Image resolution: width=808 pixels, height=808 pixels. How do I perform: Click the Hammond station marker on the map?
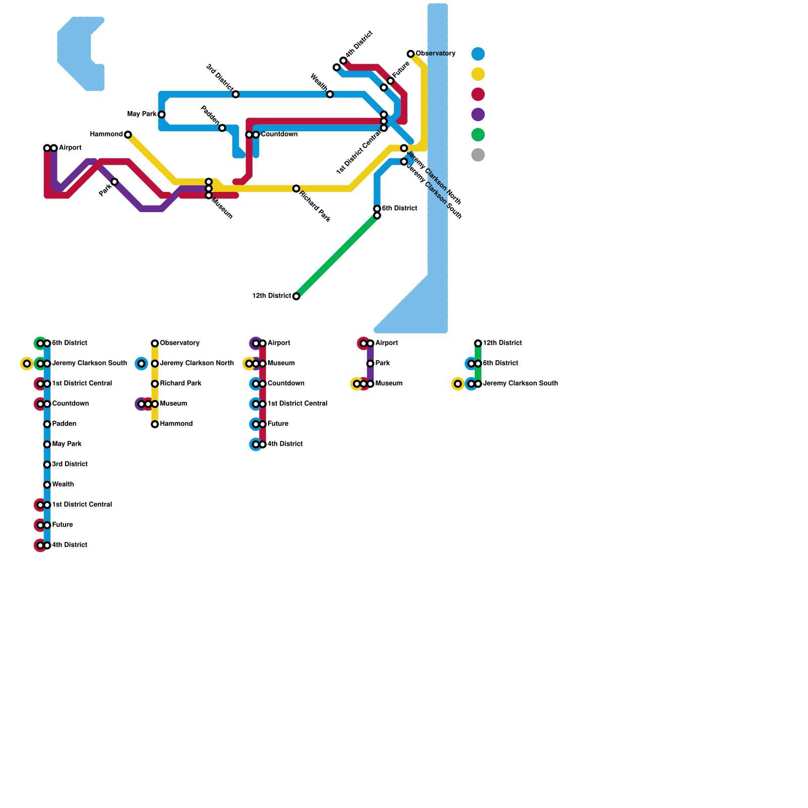(x=128, y=134)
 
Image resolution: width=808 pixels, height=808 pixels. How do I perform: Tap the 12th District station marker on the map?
(x=296, y=296)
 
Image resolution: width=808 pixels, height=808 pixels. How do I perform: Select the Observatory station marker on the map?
(x=411, y=54)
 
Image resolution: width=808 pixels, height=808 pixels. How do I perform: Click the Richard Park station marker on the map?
(x=296, y=188)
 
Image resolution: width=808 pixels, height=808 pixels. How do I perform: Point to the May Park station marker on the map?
(x=162, y=114)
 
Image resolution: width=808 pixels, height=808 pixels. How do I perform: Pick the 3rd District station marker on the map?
(x=236, y=94)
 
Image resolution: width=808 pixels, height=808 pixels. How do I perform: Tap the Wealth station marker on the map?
(x=330, y=94)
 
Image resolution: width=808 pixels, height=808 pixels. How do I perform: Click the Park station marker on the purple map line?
(x=115, y=182)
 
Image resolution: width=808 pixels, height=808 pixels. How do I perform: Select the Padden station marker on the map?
(x=222, y=128)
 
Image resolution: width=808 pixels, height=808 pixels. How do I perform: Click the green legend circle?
(x=478, y=134)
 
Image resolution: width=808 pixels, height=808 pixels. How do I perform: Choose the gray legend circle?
(x=478, y=155)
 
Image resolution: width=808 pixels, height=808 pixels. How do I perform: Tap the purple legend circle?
(x=478, y=114)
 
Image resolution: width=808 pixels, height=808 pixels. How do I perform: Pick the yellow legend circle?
(x=478, y=74)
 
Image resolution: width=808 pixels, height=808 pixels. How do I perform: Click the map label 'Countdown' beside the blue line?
(x=279, y=134)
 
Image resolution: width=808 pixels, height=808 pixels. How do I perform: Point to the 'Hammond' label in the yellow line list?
(x=176, y=424)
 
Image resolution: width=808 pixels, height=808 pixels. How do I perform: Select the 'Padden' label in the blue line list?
(x=64, y=424)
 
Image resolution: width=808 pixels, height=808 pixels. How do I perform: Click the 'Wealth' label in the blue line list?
(x=63, y=485)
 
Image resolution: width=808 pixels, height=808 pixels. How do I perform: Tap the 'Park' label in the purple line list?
(x=383, y=364)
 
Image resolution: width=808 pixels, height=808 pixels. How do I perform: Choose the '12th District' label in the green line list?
(x=502, y=343)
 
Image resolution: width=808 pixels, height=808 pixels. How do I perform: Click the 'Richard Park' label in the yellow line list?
(x=181, y=384)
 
